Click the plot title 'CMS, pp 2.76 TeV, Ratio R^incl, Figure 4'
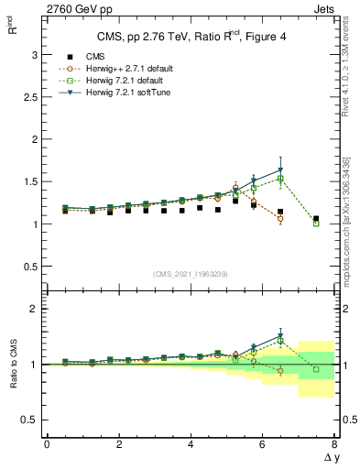[x=190, y=37]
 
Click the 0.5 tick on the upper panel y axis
[x=29, y=267]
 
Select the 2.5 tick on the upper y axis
[x=29, y=97]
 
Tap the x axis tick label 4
[x=191, y=445]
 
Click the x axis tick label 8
[x=334, y=445]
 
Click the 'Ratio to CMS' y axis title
[x=11, y=376]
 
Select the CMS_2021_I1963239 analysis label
[x=191, y=274]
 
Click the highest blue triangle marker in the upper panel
[x=280, y=170]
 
